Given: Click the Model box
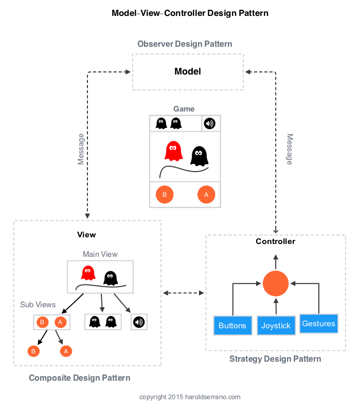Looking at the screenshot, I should [x=188, y=72].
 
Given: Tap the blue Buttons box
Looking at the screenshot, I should [x=232, y=326].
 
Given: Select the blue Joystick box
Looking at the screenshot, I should [x=276, y=326].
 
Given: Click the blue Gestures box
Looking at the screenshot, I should [x=319, y=324].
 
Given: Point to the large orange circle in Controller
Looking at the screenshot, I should [x=276, y=284].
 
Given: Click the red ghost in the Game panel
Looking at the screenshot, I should [x=173, y=151].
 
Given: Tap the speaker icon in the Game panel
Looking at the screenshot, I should [x=209, y=123].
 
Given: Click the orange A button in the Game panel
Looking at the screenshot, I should [x=206, y=195].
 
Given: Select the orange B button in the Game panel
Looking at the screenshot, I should [x=165, y=195].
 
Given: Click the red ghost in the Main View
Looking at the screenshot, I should [x=88, y=272].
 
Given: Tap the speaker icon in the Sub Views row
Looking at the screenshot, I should [x=139, y=322].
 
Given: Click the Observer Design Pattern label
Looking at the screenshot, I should [x=185, y=44].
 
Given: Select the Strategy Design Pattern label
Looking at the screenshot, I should [x=275, y=359].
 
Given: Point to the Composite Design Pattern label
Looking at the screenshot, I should [x=80, y=378].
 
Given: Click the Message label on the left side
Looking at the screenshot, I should [x=81, y=149].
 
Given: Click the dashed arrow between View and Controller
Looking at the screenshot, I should [x=184, y=293].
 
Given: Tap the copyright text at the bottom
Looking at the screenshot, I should [x=190, y=397].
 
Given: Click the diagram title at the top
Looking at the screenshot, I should [x=190, y=13].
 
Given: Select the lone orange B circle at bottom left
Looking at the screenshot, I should [x=33, y=351].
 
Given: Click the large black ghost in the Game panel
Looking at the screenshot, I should [x=199, y=156].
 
